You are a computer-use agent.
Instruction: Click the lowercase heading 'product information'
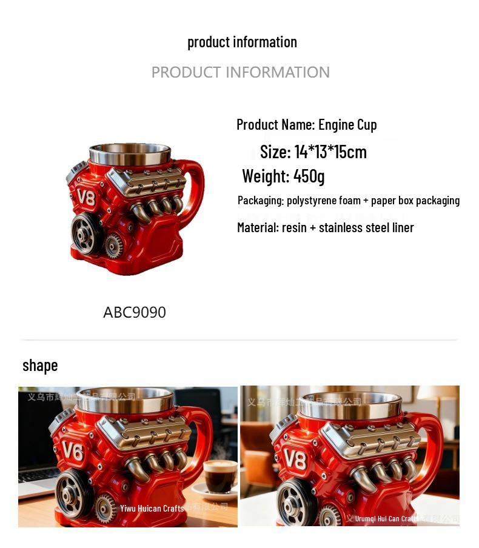point(242,42)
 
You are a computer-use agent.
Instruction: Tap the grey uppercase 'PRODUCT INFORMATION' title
point(240,72)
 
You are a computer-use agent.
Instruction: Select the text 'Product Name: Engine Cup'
point(306,125)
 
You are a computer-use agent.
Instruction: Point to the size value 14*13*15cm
point(330,152)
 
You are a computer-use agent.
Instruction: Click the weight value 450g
point(309,176)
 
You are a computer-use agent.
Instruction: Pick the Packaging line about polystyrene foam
point(348,201)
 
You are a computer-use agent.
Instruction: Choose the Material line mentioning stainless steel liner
point(325,228)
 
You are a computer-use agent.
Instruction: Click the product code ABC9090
point(134,313)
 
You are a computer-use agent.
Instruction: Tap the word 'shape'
point(40,366)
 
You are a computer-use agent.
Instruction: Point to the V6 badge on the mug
point(72,452)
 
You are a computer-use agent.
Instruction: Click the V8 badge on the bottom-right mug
point(295,459)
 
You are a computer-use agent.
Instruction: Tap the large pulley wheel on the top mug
point(86,233)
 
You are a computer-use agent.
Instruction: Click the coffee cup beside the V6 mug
point(219,476)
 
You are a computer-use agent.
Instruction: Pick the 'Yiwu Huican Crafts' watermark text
point(152,509)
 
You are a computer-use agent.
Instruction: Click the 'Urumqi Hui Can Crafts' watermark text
point(386,519)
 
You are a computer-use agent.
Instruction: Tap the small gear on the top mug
point(113,246)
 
